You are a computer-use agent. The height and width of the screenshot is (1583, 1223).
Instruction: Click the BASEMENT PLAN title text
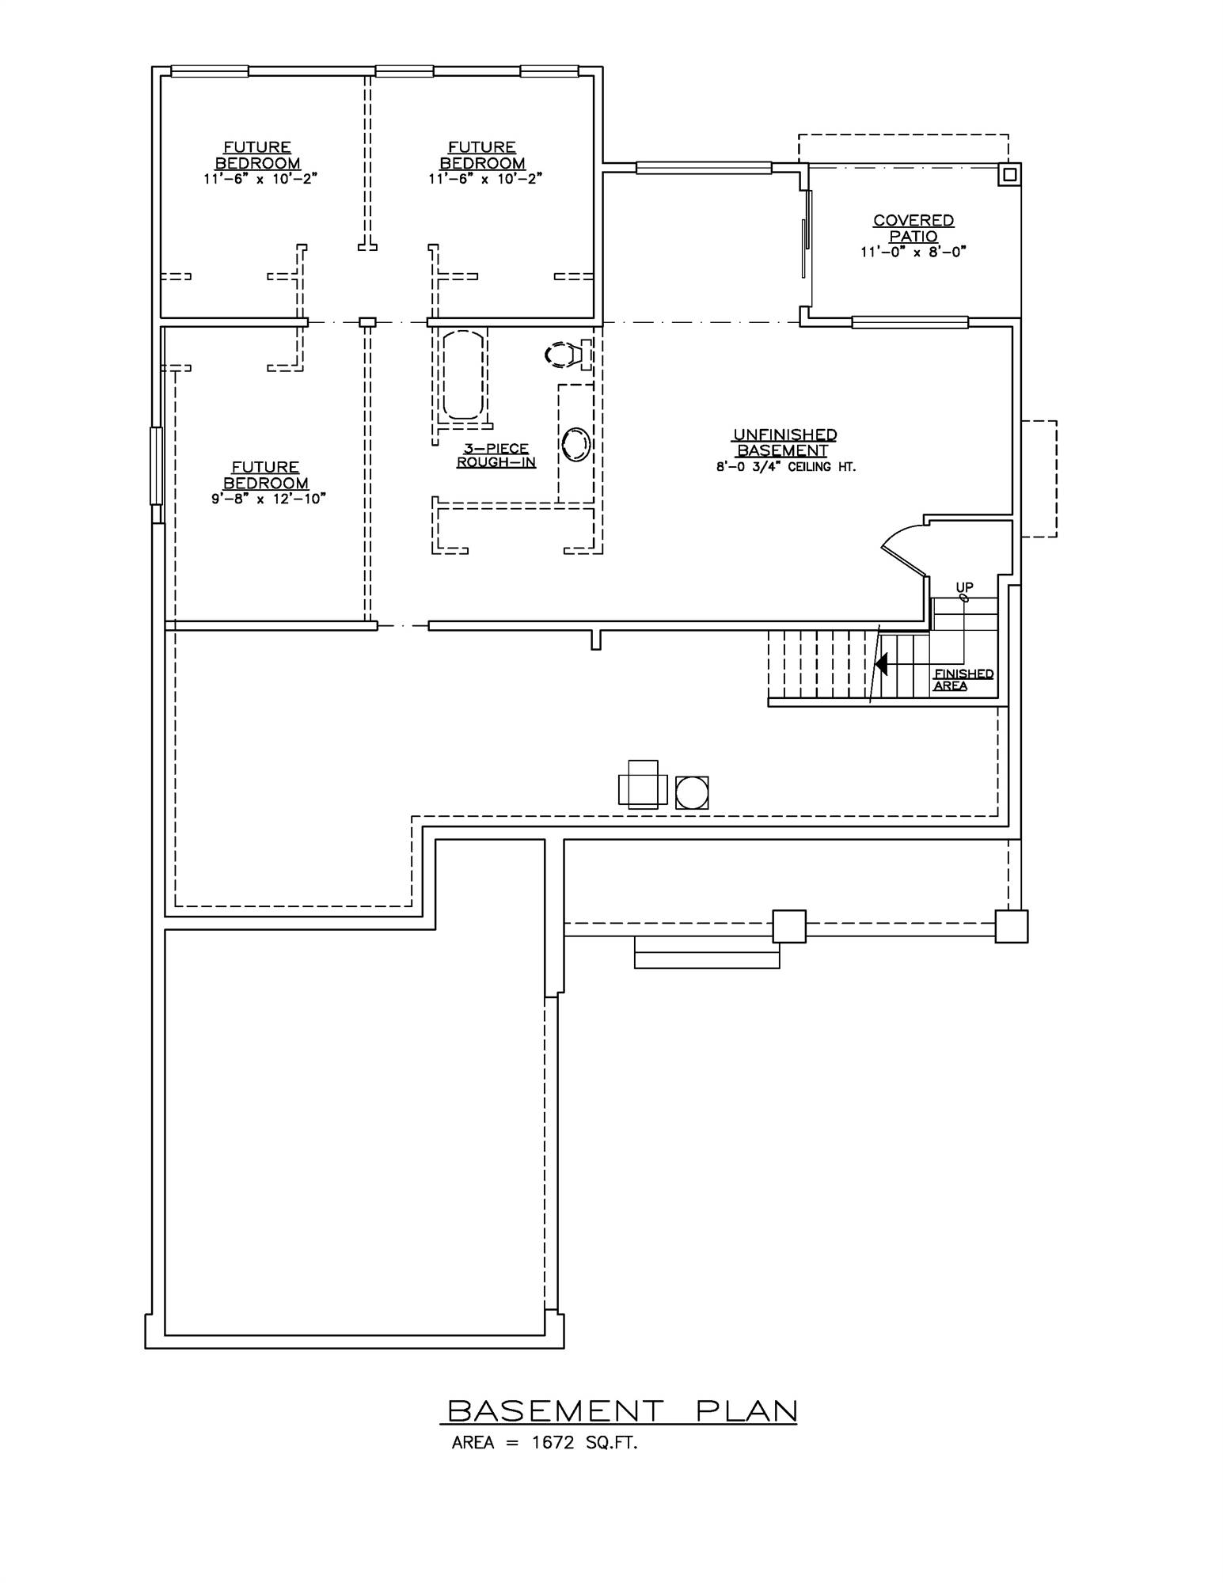[x=622, y=1410]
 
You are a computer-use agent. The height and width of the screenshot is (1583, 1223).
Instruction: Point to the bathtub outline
[x=463, y=374]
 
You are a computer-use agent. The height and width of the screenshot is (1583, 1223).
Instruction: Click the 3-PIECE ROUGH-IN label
[x=496, y=455]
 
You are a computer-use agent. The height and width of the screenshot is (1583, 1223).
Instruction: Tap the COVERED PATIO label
[x=913, y=228]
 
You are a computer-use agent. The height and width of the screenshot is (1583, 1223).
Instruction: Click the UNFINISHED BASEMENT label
[x=784, y=442]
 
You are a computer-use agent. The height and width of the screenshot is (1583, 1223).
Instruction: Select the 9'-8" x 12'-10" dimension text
[x=268, y=499]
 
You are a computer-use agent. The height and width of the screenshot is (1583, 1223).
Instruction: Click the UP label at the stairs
[x=964, y=587]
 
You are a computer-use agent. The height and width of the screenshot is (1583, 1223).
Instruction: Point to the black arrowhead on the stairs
[x=881, y=663]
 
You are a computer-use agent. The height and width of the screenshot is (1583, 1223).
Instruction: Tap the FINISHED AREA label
[x=963, y=679]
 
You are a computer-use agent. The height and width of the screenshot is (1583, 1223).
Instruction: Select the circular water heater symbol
[x=692, y=791]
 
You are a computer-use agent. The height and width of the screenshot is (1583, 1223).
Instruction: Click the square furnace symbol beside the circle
[x=642, y=784]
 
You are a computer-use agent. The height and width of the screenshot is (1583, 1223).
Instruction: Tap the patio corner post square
[x=1008, y=174]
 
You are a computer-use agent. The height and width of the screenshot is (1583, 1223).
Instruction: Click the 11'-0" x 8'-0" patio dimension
[x=913, y=252]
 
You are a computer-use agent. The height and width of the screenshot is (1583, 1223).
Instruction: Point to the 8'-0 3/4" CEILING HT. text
[x=785, y=467]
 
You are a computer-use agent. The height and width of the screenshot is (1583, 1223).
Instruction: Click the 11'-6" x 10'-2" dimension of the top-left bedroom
[x=260, y=179]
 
